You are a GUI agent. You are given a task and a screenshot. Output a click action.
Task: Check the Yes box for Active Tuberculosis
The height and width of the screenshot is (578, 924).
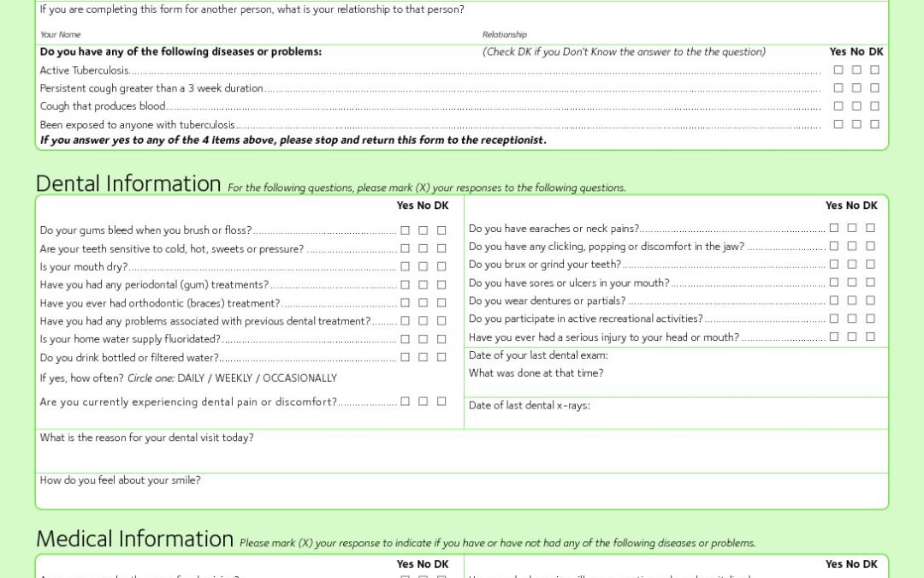(x=838, y=70)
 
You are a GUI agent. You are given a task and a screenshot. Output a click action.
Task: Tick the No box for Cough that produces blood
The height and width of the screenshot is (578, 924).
(x=856, y=106)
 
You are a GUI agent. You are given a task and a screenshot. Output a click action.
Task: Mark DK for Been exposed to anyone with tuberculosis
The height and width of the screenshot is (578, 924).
(x=874, y=124)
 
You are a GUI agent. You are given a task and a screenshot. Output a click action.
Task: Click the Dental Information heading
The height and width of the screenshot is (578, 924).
(x=128, y=184)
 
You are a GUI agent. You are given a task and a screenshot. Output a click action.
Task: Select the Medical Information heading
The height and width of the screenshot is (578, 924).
(x=134, y=539)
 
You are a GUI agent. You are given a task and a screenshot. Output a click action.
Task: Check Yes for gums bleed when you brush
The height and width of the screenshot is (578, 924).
(x=406, y=230)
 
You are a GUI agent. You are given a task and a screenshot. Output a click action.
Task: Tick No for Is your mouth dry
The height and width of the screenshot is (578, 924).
(x=423, y=266)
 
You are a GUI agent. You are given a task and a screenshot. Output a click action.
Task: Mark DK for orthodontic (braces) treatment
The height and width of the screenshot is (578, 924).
(x=441, y=302)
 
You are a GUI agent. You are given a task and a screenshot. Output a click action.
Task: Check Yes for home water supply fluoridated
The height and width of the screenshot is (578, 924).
(x=406, y=339)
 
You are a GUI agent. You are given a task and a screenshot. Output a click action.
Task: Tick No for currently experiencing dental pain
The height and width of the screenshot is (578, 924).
(x=423, y=402)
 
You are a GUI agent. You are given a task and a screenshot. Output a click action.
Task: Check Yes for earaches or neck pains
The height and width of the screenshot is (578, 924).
(x=834, y=228)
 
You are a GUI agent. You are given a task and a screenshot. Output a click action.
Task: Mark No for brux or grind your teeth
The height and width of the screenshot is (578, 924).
(x=852, y=265)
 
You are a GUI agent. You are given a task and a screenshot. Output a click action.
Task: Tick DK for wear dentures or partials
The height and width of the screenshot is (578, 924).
(x=870, y=301)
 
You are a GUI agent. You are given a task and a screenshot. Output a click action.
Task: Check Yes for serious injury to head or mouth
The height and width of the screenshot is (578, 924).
(x=834, y=337)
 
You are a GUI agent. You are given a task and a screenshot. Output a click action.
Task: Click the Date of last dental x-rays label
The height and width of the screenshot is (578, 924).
(x=529, y=406)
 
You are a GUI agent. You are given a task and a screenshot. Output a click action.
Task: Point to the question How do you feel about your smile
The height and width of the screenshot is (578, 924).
(x=120, y=480)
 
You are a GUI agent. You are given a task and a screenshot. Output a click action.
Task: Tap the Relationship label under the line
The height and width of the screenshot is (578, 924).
(x=504, y=35)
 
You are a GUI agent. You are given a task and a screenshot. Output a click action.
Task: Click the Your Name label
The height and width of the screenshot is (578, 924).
(x=60, y=35)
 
